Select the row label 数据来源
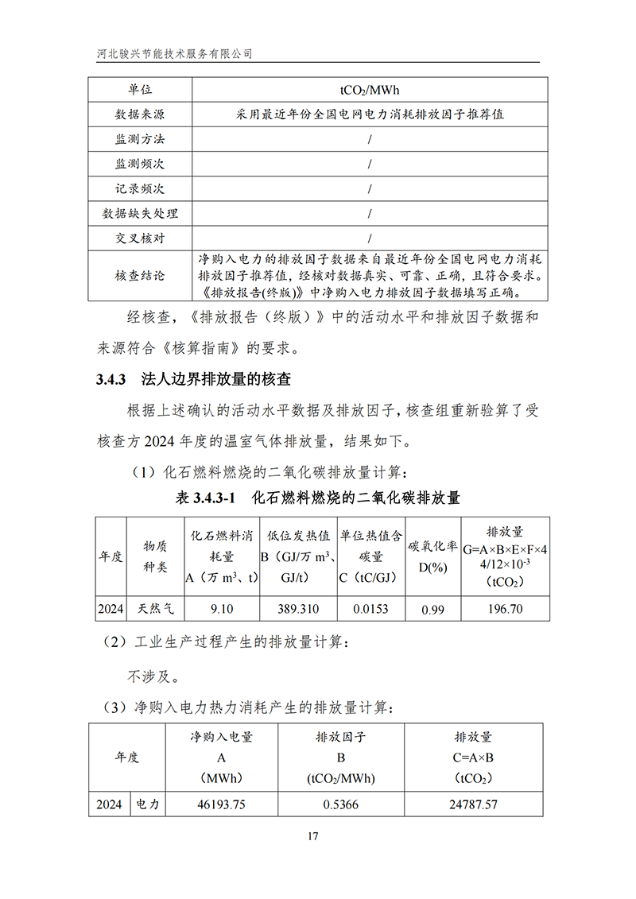coord(140,114)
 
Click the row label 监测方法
coord(140,139)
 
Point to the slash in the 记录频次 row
coord(370,189)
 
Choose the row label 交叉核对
coord(140,238)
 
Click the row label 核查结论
coord(140,276)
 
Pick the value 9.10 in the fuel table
coord(222,609)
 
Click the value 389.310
coord(299,609)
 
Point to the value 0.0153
coord(371,609)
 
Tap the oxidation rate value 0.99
coord(432,610)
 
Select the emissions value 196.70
coord(504,609)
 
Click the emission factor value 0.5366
coord(340,804)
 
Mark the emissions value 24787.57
coord(473,804)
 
